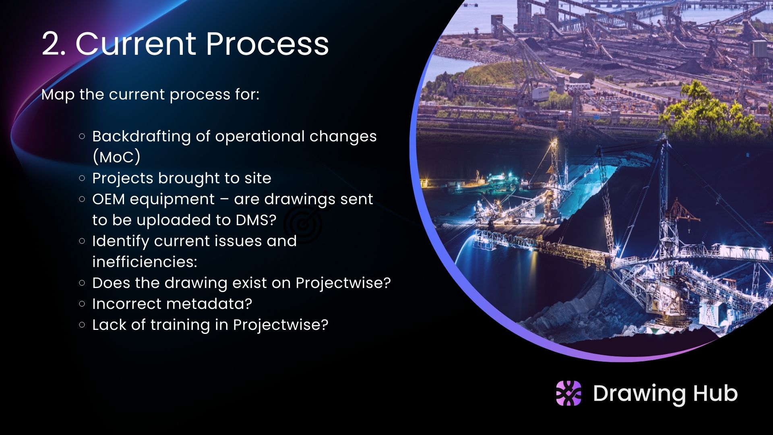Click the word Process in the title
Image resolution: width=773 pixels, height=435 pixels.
click(267, 43)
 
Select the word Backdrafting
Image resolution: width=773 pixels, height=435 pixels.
click(141, 137)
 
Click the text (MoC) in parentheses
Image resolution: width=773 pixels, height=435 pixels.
click(116, 157)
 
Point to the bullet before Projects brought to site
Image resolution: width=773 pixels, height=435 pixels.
click(82, 178)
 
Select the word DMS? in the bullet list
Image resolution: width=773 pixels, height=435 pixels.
click(256, 220)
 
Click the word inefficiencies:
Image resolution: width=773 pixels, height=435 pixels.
click(145, 262)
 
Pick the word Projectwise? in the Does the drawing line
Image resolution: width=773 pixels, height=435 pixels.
click(343, 283)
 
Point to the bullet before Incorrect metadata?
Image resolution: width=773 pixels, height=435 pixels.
click(82, 304)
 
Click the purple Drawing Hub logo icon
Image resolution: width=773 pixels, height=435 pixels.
click(568, 393)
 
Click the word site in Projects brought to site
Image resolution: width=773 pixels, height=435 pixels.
click(258, 178)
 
